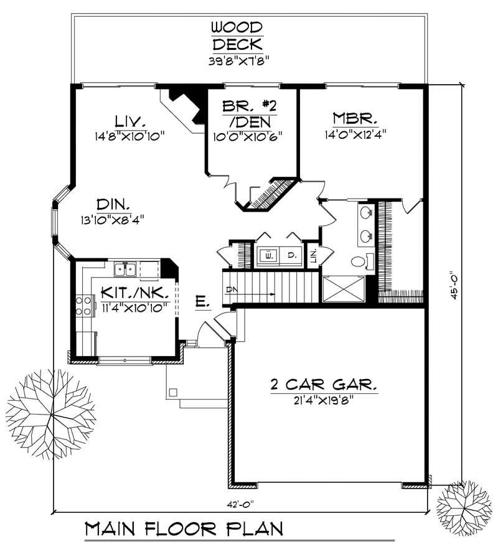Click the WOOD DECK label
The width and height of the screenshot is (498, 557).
click(x=236, y=36)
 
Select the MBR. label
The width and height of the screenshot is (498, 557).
click(x=353, y=119)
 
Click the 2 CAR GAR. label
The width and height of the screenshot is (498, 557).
click(x=324, y=385)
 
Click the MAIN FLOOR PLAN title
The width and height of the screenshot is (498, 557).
click(x=184, y=530)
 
